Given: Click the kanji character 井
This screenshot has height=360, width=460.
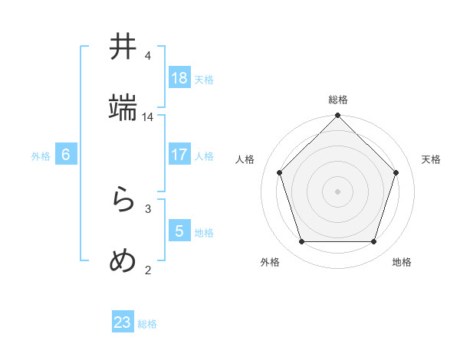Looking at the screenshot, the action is [x=123, y=47].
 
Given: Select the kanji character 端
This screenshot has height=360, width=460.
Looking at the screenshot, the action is [x=123, y=109].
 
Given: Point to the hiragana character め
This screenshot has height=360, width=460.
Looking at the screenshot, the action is [x=123, y=262].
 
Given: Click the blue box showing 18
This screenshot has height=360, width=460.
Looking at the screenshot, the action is [x=179, y=78].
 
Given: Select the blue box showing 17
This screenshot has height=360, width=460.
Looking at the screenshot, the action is [x=179, y=155].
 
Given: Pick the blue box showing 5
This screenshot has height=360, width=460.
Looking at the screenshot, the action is [x=179, y=231].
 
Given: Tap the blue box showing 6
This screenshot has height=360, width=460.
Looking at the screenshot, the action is [x=66, y=155].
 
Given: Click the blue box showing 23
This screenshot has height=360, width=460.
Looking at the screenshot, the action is [x=123, y=322].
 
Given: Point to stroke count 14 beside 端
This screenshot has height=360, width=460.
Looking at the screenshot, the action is [x=148, y=117].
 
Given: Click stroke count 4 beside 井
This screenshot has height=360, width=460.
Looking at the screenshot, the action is [x=148, y=56].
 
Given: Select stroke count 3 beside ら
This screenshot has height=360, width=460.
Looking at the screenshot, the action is [x=148, y=208].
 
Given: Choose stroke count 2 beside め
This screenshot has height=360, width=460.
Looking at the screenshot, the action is [x=148, y=270].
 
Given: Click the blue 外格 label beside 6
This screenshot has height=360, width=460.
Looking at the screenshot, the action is [x=41, y=156].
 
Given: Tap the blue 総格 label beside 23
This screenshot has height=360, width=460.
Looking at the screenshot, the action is [x=147, y=324].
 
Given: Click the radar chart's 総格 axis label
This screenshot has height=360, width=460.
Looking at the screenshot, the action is [x=338, y=100].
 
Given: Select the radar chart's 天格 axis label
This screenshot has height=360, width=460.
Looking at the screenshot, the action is [x=431, y=159].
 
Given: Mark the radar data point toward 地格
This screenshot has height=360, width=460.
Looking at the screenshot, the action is [x=374, y=242].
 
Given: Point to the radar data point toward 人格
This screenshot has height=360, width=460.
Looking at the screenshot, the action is [x=280, y=172].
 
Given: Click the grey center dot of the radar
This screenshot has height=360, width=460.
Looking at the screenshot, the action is [x=338, y=191].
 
